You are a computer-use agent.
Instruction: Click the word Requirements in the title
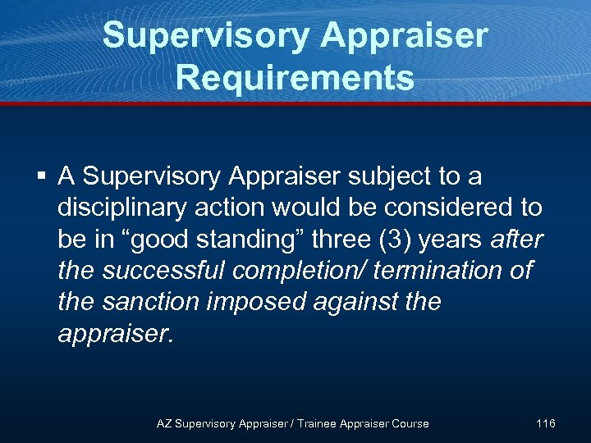click(x=295, y=78)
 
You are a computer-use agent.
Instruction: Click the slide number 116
click(x=545, y=423)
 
